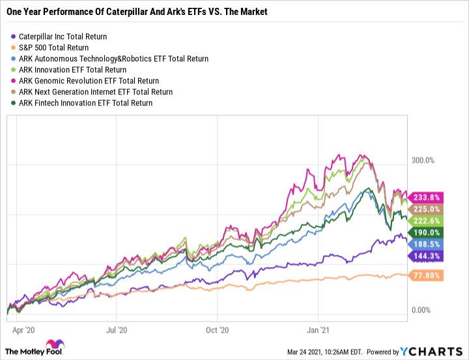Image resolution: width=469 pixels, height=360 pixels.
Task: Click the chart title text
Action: [136, 12]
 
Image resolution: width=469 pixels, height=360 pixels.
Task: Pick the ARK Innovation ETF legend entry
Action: [81, 70]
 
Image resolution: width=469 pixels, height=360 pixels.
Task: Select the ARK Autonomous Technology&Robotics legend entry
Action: [115, 59]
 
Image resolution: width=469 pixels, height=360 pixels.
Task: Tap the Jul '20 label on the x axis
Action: [116, 330]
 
